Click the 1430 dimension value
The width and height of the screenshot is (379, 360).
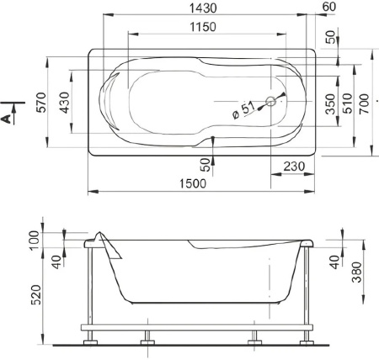coord(203,8)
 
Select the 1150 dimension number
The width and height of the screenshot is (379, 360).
coord(203,27)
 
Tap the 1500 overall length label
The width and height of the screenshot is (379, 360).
coord(193,183)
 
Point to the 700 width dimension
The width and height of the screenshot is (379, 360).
coord(364,103)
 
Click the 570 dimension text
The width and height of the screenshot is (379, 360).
coord(41,102)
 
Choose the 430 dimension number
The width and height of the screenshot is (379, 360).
coord(65,103)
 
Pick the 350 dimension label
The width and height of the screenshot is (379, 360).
coord(330,103)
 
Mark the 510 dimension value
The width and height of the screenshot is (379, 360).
coord(347,103)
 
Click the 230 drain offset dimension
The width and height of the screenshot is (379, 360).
coord(294,167)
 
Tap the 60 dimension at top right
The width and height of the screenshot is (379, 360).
coord(329,7)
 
